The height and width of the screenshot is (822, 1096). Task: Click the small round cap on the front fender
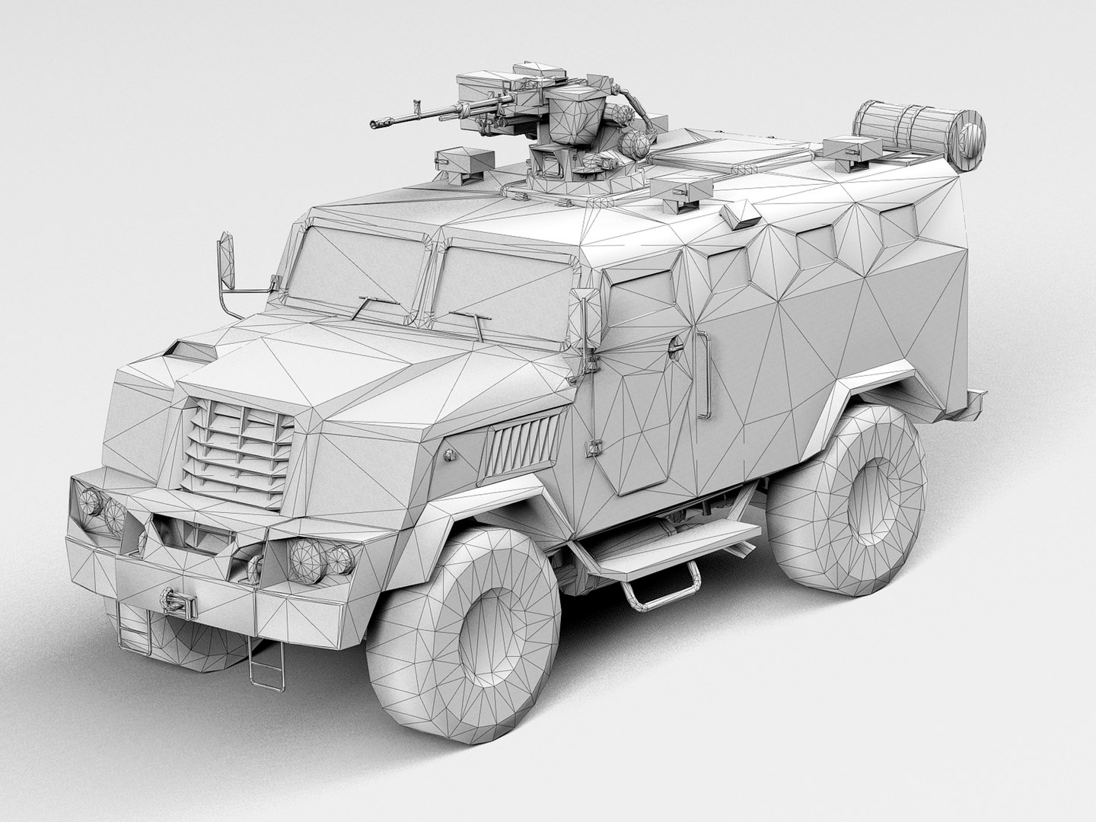[x=449, y=454]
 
